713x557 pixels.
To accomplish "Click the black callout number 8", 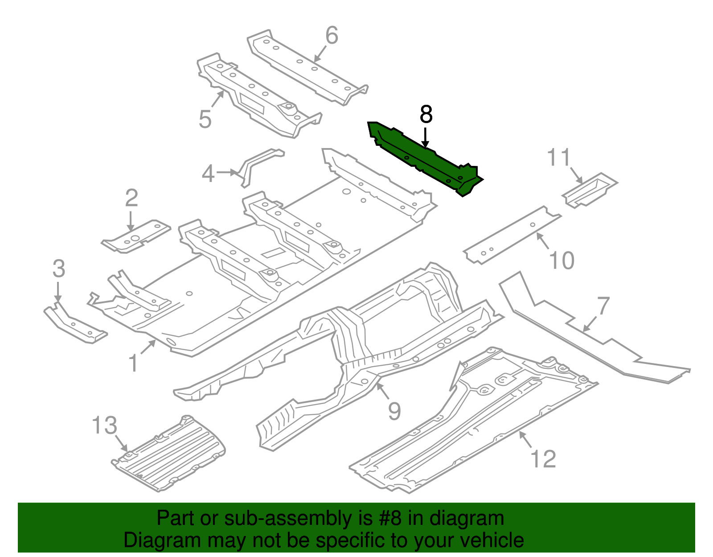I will coord(426,115).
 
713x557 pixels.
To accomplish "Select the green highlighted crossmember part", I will coord(423,158).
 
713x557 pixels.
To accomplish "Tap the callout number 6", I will coord(332,36).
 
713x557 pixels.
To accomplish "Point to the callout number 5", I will coord(205,119).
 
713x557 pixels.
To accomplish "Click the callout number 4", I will coord(208,174).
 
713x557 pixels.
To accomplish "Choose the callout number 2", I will coord(131,198).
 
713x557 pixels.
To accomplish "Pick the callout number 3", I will coord(59,269).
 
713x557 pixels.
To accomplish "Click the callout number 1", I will coord(133,363).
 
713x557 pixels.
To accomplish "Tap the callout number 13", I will coord(105,425).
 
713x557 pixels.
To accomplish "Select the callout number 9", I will coord(394,411).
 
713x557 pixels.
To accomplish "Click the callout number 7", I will coord(603,306).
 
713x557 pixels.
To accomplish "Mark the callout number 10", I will coord(562,260).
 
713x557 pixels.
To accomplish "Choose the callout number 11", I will coord(559,158).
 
